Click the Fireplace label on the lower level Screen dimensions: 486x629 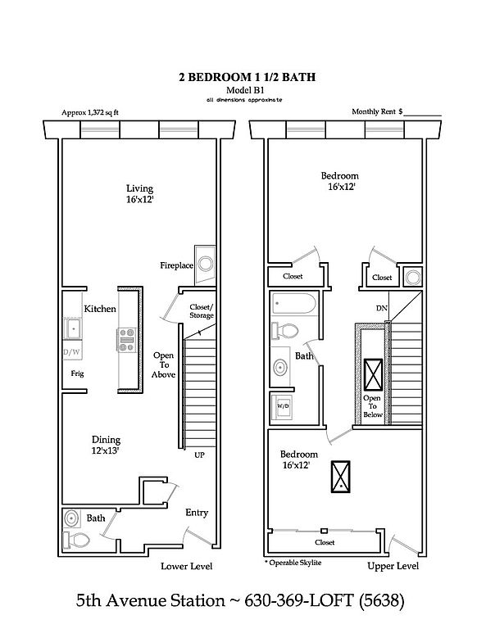tap(176, 265)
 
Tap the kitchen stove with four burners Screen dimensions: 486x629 tap(127, 340)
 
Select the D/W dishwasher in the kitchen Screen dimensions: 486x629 tap(72, 353)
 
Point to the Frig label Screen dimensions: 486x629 tap(78, 373)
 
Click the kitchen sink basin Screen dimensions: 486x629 tap(73, 329)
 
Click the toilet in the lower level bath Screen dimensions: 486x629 tap(76, 540)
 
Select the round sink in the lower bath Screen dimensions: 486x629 tap(72, 518)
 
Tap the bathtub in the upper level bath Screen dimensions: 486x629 tap(294, 303)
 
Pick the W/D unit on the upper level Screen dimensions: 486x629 tap(282, 407)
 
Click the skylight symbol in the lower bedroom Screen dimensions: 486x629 tap(340, 477)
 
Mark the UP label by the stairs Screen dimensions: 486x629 tap(199, 455)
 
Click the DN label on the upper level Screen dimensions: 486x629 tap(382, 308)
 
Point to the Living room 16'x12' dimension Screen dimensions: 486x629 tap(140, 199)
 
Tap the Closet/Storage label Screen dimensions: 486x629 tap(202, 311)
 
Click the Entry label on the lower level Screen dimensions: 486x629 tap(197, 513)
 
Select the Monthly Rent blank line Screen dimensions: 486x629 tap(423, 115)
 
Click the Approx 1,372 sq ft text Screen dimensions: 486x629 tap(90, 113)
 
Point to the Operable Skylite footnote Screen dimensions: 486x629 tap(293, 563)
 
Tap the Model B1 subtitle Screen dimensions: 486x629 tap(245, 90)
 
